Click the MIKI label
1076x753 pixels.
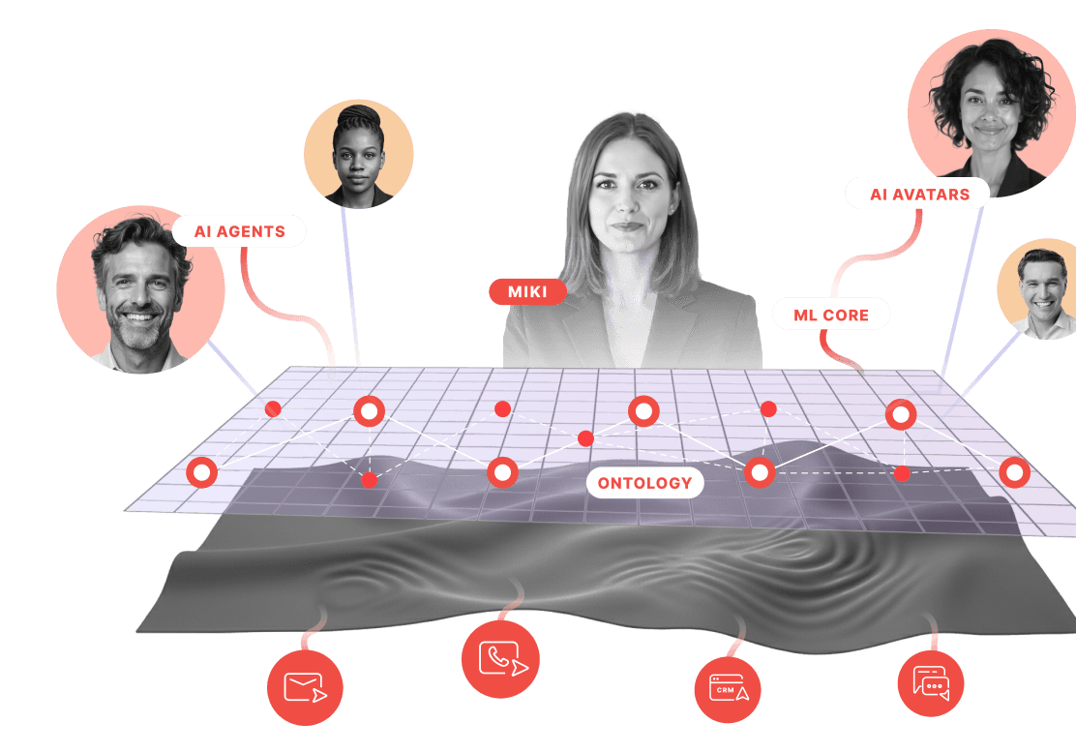527,291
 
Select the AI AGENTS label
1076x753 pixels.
239,231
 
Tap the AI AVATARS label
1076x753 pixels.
918,194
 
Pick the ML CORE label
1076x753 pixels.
830,315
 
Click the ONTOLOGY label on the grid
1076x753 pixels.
644,483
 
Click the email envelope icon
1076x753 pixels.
305,687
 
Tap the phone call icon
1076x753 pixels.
500,659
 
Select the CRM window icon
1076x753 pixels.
728,689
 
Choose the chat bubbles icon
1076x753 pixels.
931,683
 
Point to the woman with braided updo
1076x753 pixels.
358,154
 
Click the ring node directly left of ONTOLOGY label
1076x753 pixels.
502,472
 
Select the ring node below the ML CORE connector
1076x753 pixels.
900,414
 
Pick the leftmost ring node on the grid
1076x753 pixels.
201,472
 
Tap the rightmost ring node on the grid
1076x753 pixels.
1014,472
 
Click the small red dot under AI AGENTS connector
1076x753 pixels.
273,409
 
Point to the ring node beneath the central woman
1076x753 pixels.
643,411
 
